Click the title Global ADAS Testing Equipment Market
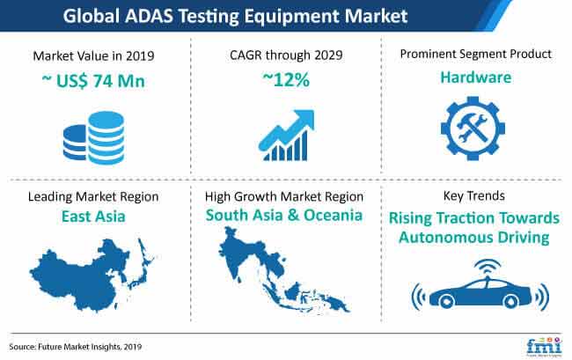click(235, 16)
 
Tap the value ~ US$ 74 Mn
click(93, 81)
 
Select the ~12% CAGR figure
click(286, 79)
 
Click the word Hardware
click(476, 77)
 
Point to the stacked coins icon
click(94, 137)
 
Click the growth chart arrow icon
click(286, 135)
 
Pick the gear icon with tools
click(473, 129)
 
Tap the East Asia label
click(93, 217)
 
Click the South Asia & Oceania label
click(284, 215)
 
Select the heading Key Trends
click(473, 196)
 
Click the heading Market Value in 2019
click(94, 55)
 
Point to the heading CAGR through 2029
click(286, 55)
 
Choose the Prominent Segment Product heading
click(476, 54)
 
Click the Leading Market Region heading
click(93, 196)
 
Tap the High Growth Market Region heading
click(284, 196)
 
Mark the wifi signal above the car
click(488, 268)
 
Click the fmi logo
click(544, 345)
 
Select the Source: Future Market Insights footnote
click(76, 347)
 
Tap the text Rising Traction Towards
click(473, 218)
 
